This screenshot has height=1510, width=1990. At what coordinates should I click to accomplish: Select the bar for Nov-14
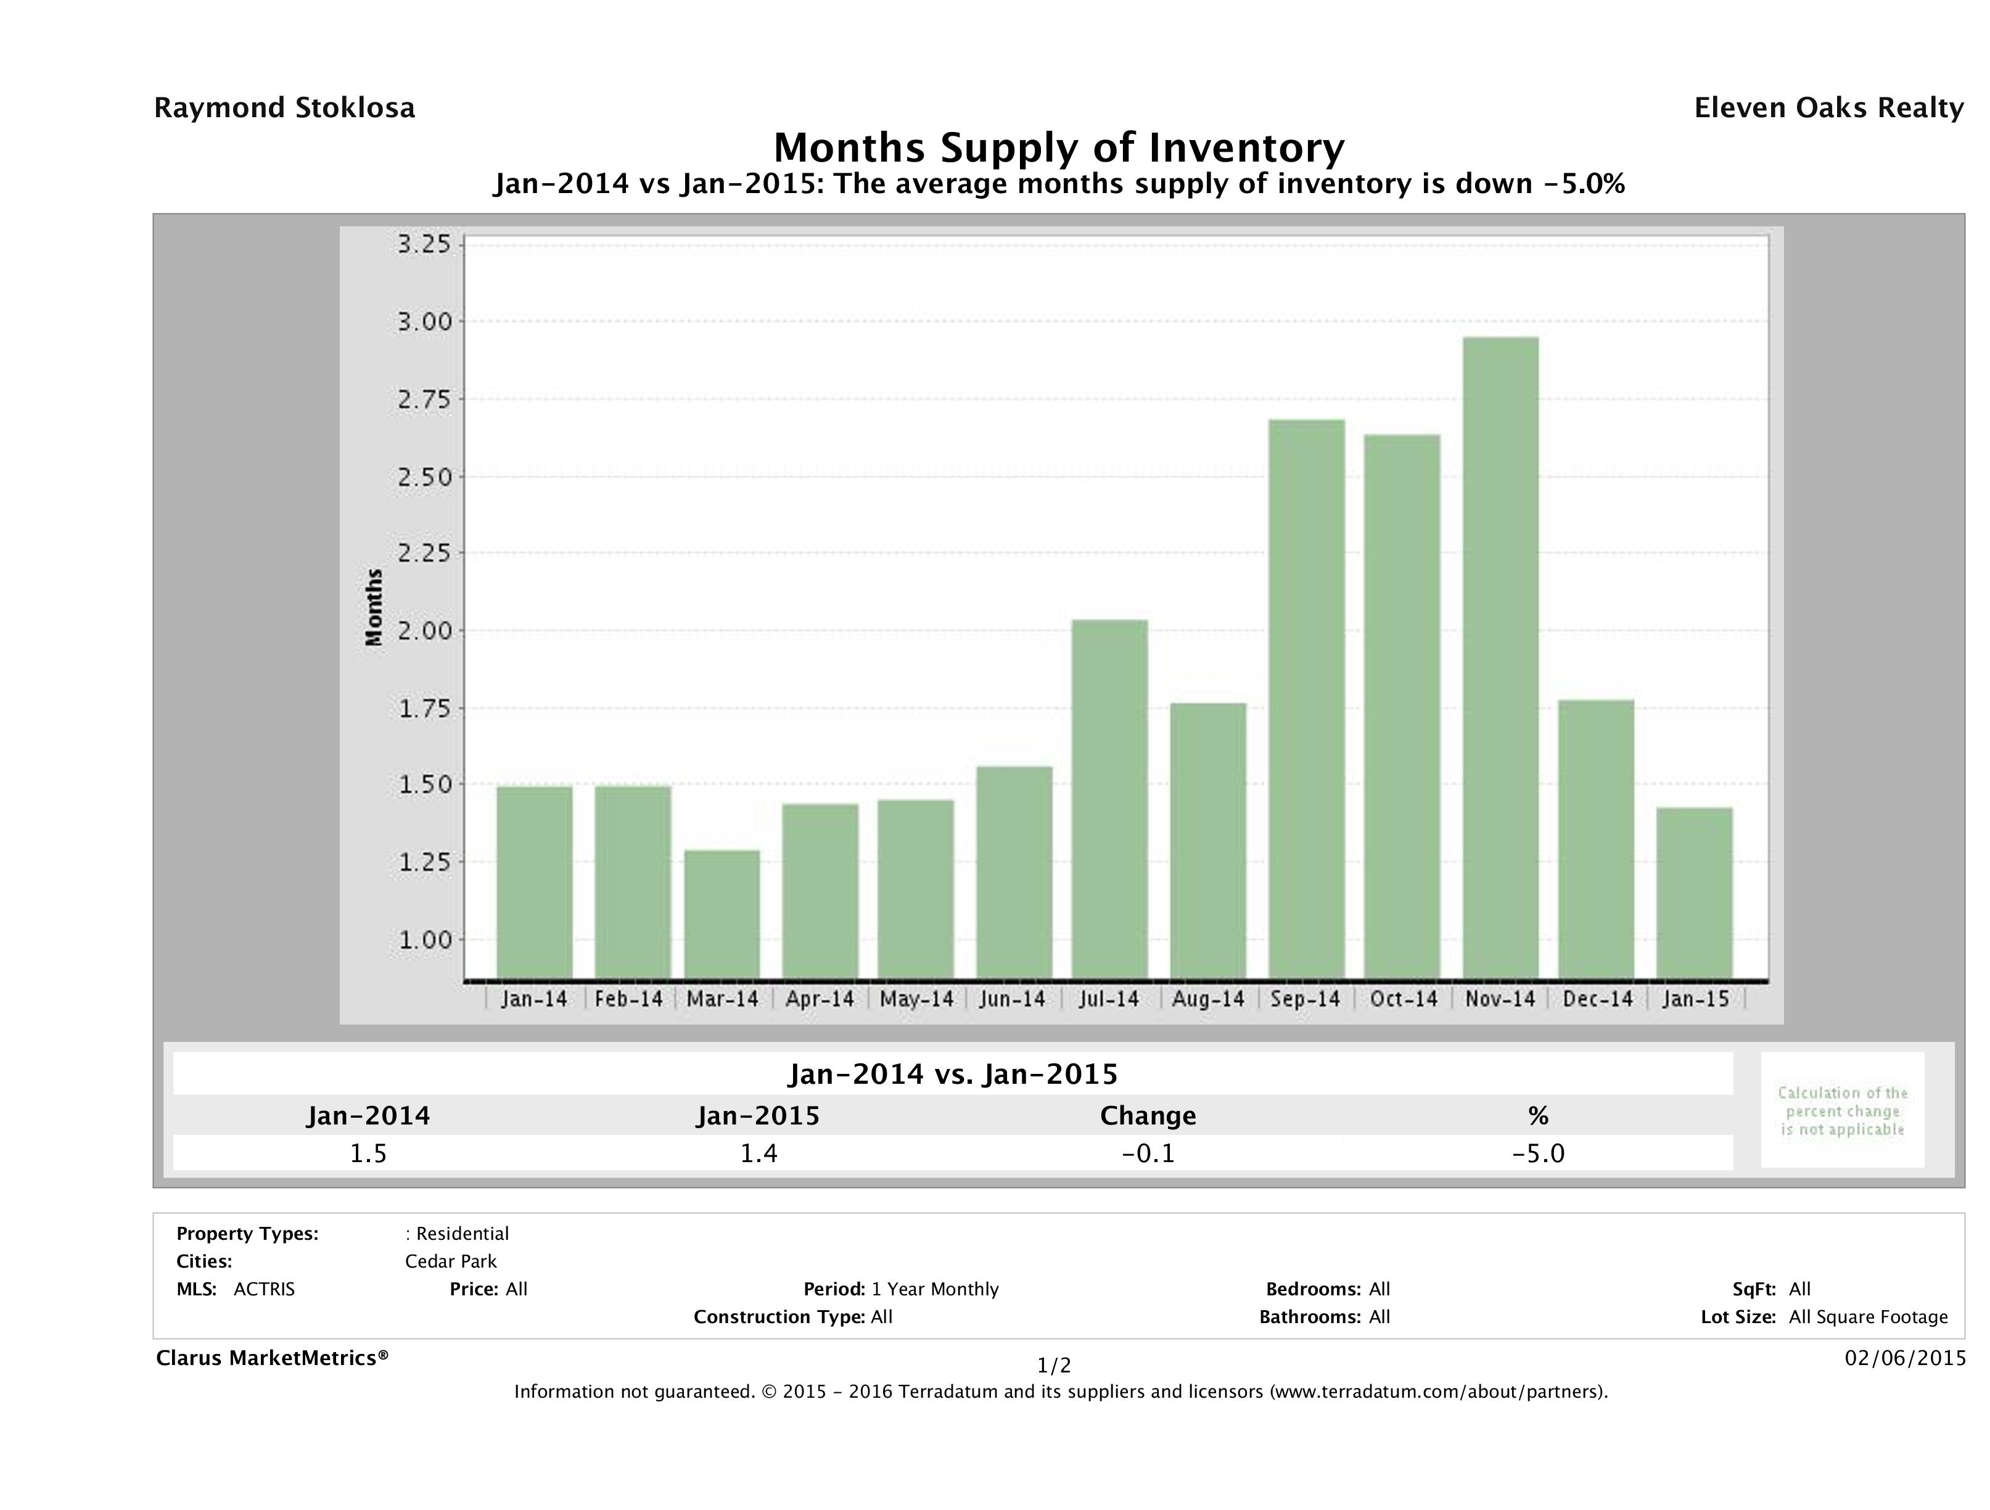click(x=1500, y=658)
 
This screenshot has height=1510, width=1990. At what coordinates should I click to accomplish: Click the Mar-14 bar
click(x=722, y=914)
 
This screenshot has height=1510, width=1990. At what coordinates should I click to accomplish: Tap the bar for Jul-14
click(x=1109, y=799)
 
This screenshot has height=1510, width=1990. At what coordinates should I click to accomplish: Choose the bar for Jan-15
click(x=1694, y=893)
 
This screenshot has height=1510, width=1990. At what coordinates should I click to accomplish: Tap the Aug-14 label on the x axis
click(x=1207, y=999)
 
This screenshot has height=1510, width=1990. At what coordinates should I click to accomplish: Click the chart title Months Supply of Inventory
click(x=1059, y=147)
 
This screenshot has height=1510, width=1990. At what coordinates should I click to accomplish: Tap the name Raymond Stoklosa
click(x=284, y=108)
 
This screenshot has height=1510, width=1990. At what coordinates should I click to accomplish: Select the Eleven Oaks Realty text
click(x=1828, y=108)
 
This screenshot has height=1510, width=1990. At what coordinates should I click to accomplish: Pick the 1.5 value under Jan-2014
click(x=368, y=1153)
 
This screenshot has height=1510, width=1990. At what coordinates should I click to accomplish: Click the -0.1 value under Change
click(x=1148, y=1153)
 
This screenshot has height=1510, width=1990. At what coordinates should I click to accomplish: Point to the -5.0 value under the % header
click(x=1537, y=1153)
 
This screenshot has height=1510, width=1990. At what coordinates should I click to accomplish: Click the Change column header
click(x=1148, y=1116)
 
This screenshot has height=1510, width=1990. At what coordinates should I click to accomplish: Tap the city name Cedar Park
click(x=451, y=1261)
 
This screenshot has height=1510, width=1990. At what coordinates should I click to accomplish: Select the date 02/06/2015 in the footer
click(x=1904, y=1357)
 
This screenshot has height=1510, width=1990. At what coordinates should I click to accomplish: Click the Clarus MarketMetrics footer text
click(x=272, y=1357)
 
